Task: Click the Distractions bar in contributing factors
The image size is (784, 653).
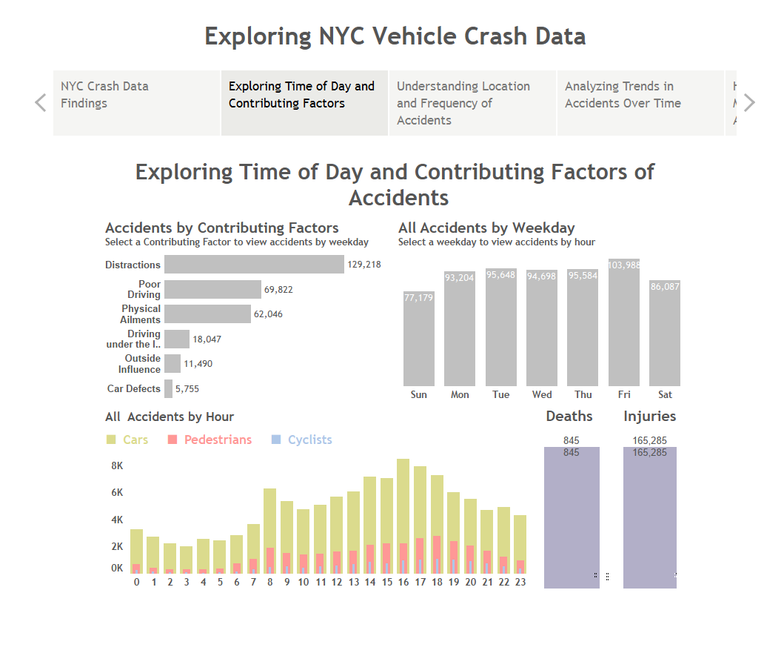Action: pyautogui.click(x=254, y=265)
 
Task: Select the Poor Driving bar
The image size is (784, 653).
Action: pyautogui.click(x=212, y=289)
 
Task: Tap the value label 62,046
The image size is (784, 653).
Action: pyautogui.click(x=268, y=314)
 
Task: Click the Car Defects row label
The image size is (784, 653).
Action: pyautogui.click(x=133, y=388)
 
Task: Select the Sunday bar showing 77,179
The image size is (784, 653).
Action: pyautogui.click(x=418, y=341)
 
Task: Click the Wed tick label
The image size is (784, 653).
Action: pyautogui.click(x=542, y=394)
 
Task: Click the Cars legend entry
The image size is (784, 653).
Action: pyautogui.click(x=135, y=440)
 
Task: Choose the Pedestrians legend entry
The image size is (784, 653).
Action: pyautogui.click(x=218, y=440)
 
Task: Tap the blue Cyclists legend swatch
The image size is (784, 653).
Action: pyautogui.click(x=277, y=440)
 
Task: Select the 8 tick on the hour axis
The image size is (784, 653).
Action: pyautogui.click(x=270, y=582)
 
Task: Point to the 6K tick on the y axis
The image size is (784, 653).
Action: pyautogui.click(x=117, y=493)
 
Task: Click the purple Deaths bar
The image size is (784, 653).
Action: pyautogui.click(x=571, y=519)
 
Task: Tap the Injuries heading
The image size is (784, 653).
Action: pyautogui.click(x=649, y=416)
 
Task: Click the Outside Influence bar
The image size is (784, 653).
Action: pyautogui.click(x=172, y=363)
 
